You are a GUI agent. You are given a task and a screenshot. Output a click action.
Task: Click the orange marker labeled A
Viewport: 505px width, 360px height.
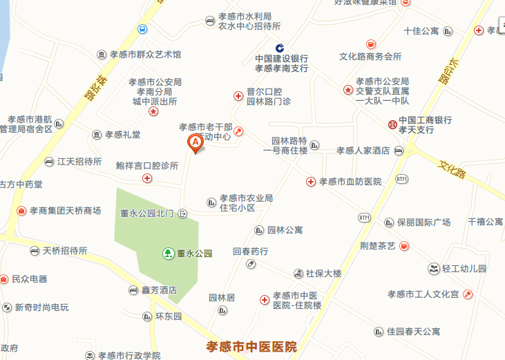coord(195,143)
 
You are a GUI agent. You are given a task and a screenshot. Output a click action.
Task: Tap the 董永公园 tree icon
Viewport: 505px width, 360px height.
coord(168,254)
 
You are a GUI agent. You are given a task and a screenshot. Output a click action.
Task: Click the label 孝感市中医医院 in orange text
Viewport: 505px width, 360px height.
coord(251,346)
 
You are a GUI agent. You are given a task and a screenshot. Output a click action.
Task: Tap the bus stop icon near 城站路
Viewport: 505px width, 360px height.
coord(142,29)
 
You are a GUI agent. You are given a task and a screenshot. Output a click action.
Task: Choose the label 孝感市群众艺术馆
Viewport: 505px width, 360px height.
coord(145,54)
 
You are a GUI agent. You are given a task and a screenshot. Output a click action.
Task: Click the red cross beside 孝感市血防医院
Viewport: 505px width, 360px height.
coord(311,181)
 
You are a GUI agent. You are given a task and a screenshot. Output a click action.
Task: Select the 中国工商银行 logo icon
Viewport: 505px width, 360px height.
coord(392,124)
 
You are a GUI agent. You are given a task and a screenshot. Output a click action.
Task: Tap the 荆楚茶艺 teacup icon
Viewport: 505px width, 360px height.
coord(404,245)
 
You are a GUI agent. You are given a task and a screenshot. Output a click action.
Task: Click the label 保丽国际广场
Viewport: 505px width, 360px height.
coord(423,222)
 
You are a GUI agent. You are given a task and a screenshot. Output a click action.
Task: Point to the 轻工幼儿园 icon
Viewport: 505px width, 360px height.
coord(433,268)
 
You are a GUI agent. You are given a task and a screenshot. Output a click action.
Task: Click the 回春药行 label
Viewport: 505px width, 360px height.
coord(251,252)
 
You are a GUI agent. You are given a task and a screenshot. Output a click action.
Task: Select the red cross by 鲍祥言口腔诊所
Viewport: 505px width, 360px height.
coord(147,178)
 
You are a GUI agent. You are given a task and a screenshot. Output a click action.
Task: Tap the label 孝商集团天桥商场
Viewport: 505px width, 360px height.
coord(65,210)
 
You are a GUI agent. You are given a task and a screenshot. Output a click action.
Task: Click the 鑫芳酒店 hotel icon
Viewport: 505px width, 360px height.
coord(133,291)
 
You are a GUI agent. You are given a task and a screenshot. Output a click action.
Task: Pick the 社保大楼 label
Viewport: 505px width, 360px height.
coord(323,273)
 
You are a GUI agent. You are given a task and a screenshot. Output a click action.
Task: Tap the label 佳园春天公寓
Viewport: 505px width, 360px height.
coord(413,332)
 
